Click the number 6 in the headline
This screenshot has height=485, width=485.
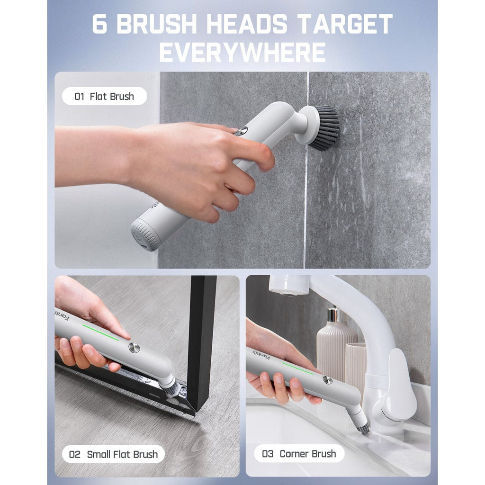point(99,25)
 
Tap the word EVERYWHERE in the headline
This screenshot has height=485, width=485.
point(242,53)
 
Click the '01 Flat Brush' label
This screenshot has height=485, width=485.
point(104,97)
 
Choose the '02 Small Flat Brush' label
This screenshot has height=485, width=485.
point(113,454)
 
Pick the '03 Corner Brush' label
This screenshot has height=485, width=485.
point(299,454)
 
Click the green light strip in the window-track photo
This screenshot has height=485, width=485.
point(100,332)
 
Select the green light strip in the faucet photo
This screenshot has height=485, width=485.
point(297,368)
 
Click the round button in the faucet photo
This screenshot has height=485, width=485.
point(327,380)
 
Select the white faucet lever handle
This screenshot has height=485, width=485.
point(401,384)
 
